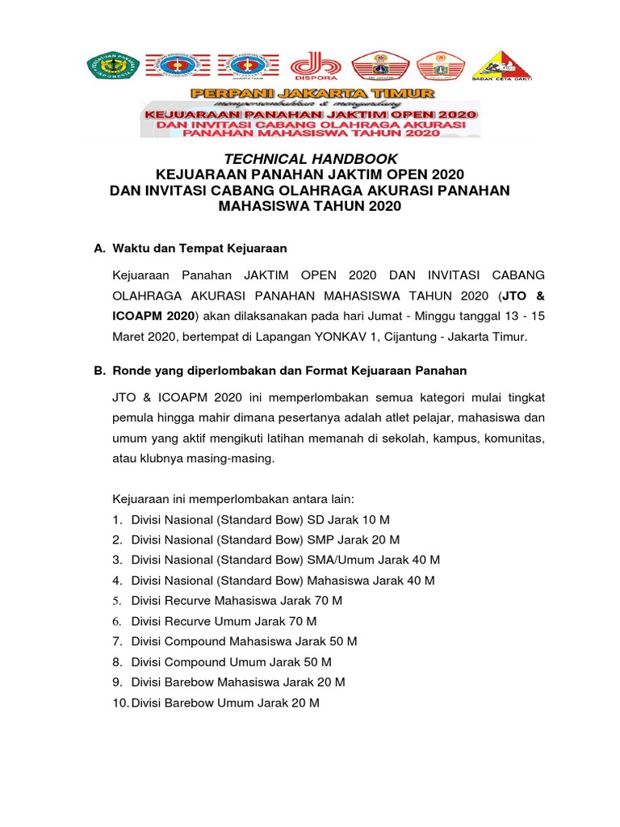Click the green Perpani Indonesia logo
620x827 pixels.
(112, 66)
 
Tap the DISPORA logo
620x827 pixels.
(311, 67)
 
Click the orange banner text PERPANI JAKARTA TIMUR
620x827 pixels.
(311, 93)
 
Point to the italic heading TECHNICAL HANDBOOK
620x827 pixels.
(309, 160)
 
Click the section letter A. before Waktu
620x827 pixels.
(100, 249)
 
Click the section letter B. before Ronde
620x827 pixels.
(100, 371)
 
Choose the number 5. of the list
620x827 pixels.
(117, 601)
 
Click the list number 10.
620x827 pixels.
(120, 703)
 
